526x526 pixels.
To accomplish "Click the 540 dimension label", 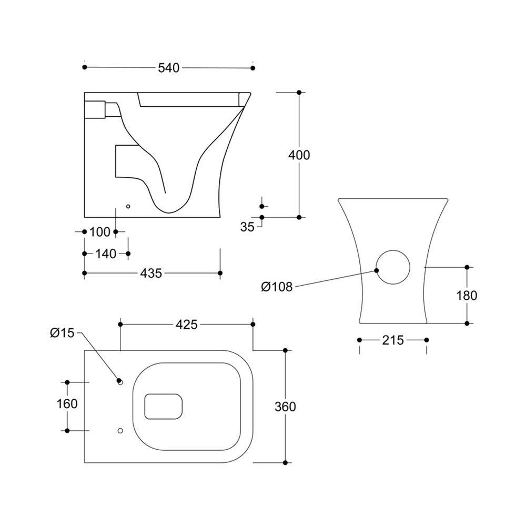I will [x=169, y=68].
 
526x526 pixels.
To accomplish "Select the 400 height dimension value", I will [x=299, y=155].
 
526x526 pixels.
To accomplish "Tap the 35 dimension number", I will [x=247, y=227].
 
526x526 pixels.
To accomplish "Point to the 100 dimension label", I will [x=100, y=231].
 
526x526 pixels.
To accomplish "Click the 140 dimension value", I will [x=106, y=254].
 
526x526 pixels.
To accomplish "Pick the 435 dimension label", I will [x=150, y=273].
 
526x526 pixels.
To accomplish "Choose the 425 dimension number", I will [x=186, y=325].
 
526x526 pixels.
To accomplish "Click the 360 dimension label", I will [x=285, y=406].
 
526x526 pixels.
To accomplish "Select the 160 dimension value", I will [x=67, y=403].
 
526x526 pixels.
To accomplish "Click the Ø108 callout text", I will [x=277, y=287].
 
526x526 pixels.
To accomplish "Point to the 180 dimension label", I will [x=467, y=295].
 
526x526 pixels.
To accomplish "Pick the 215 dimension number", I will [x=392, y=340].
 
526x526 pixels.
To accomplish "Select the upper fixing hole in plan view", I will [x=120, y=382].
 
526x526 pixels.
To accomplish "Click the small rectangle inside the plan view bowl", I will [x=163, y=407].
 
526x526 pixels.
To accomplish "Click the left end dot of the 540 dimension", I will [x=85, y=67].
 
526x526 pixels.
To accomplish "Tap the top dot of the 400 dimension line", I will [x=299, y=93].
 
